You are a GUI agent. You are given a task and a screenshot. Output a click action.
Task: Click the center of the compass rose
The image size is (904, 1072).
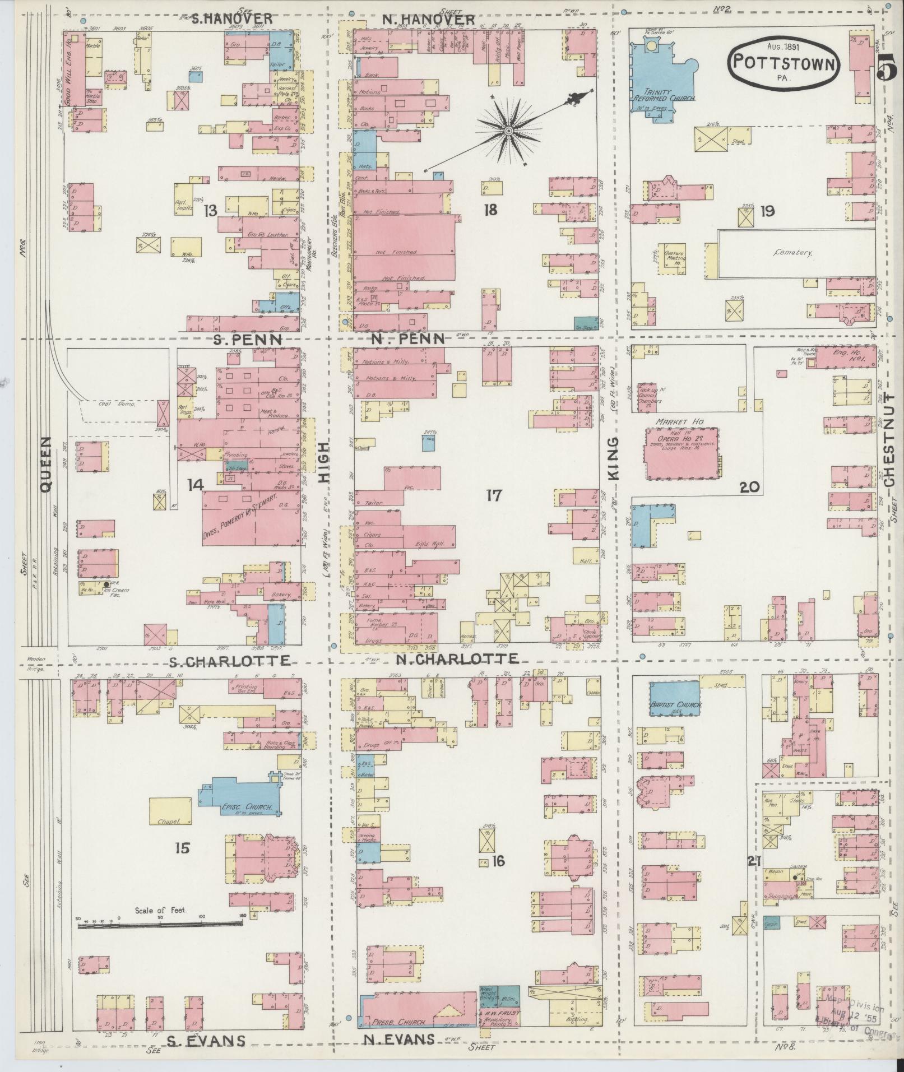pyautogui.click(x=508, y=131)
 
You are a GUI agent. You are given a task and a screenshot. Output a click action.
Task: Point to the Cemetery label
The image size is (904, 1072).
pyautogui.click(x=792, y=253)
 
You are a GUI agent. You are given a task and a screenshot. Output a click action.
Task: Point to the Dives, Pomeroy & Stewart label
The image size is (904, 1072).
pyautogui.click(x=249, y=513)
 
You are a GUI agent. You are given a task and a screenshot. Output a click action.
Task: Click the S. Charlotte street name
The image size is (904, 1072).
pyautogui.click(x=230, y=661)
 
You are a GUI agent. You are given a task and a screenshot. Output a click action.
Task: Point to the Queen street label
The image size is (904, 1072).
pyautogui.click(x=46, y=465)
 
